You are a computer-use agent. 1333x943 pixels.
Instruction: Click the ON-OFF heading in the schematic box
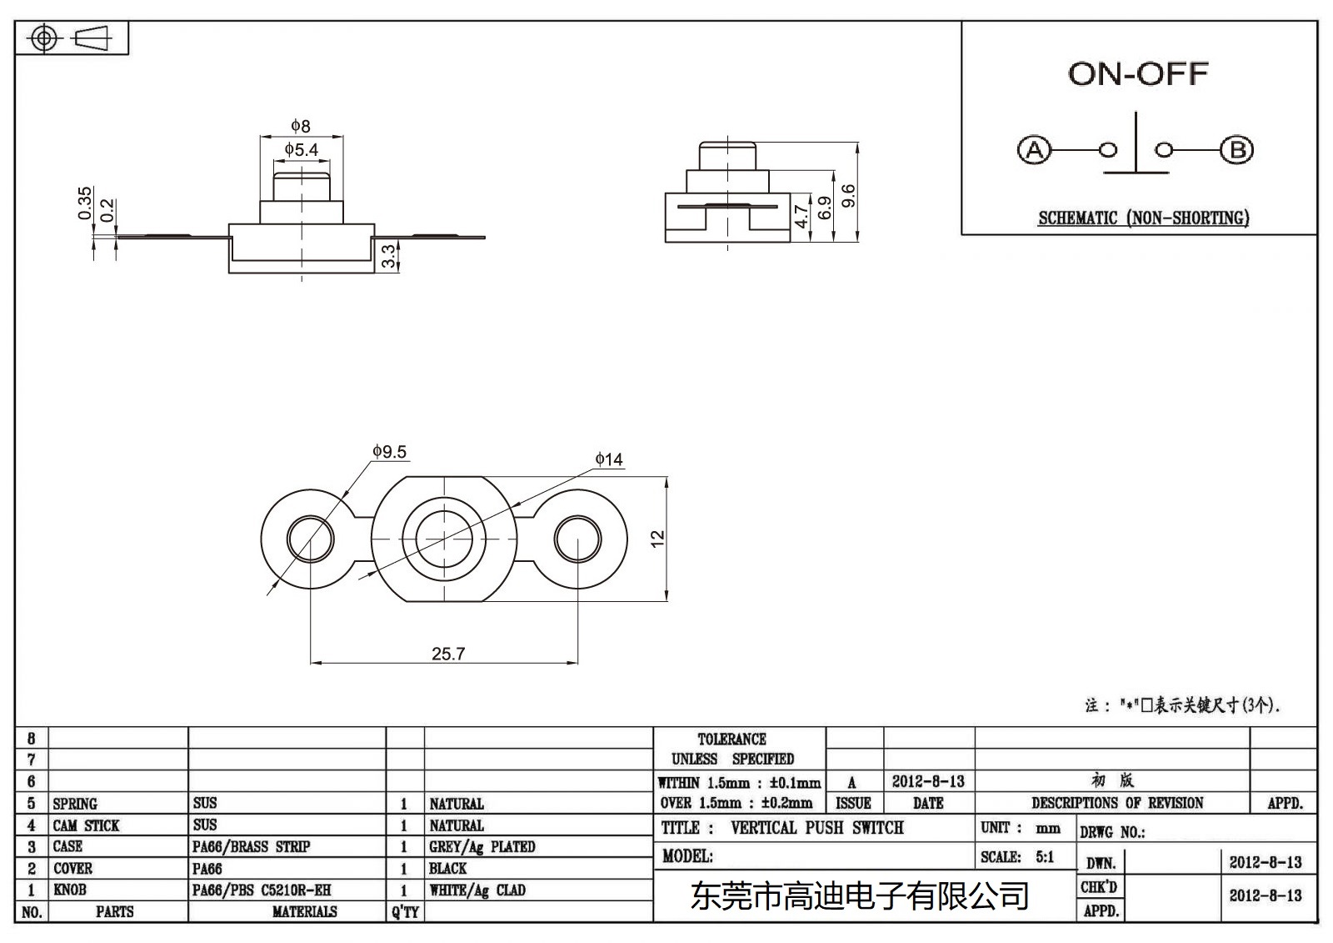(x=1137, y=74)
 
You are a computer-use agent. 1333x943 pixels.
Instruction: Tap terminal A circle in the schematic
(x=1035, y=150)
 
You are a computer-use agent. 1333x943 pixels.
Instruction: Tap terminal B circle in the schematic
(x=1236, y=150)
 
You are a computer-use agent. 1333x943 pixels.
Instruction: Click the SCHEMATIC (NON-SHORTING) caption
(x=1143, y=218)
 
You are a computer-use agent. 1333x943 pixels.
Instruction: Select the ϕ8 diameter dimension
(x=301, y=126)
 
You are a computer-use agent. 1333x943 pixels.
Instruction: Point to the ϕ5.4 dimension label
(x=301, y=150)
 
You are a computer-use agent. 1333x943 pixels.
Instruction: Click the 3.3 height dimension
(x=388, y=256)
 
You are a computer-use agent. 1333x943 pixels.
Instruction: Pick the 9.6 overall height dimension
(x=848, y=196)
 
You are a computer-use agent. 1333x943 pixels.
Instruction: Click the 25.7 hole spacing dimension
(x=447, y=654)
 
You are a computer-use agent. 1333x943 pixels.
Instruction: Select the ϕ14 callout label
(x=609, y=459)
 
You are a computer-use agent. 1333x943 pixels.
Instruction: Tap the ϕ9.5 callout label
(x=389, y=452)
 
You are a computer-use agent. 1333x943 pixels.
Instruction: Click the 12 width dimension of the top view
(x=658, y=539)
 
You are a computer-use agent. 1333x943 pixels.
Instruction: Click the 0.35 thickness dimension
(x=85, y=203)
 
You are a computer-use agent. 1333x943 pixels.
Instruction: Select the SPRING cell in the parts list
(x=75, y=804)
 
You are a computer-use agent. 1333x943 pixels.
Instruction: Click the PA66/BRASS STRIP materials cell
(x=251, y=847)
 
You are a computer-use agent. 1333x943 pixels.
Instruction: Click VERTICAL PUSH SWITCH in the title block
(x=816, y=828)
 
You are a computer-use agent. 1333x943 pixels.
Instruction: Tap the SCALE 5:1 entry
(x=1017, y=857)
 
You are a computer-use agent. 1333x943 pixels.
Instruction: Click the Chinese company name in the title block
(x=860, y=896)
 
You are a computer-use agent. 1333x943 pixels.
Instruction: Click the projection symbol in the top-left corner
(x=72, y=39)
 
